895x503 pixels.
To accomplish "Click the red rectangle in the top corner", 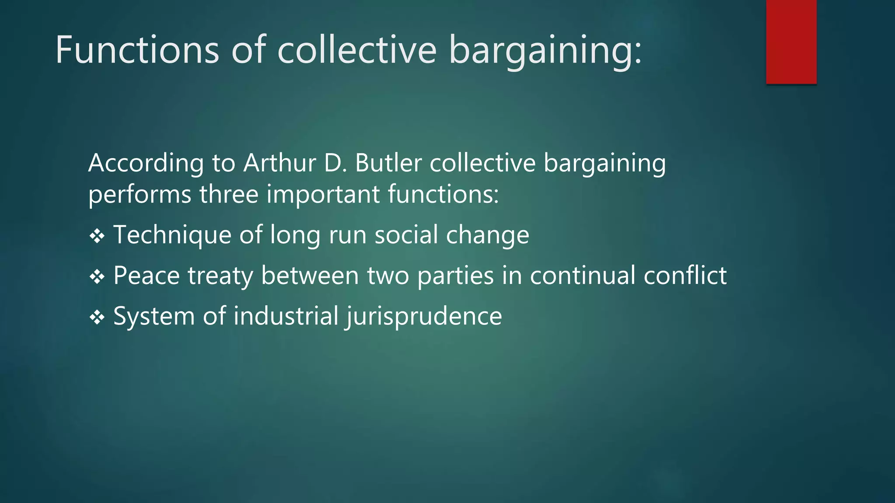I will (x=791, y=41).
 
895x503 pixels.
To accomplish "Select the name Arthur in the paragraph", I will (x=279, y=163).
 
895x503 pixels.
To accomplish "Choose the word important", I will (x=323, y=195).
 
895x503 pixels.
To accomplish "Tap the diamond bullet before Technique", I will (x=97, y=236).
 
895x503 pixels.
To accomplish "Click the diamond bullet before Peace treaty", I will (x=97, y=277).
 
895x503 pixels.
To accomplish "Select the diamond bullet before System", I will (x=97, y=317).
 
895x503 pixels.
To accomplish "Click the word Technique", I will (x=172, y=235).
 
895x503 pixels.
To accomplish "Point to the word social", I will (x=406, y=234).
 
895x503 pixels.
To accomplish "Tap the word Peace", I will (x=146, y=276).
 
